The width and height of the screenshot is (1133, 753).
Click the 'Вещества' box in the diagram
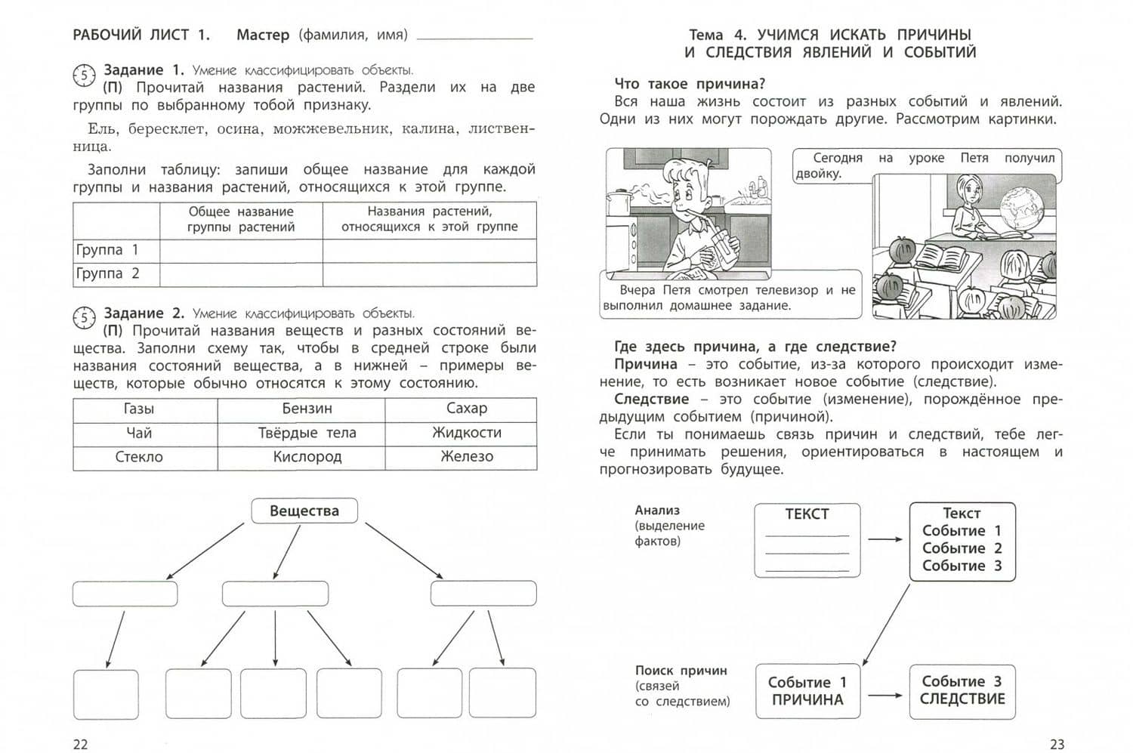[304, 511]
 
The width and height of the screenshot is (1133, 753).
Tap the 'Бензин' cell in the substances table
[307, 409]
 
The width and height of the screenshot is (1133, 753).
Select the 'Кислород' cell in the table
[307, 457]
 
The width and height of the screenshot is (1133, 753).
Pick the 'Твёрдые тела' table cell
[307, 433]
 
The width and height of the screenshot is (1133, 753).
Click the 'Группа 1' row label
[107, 250]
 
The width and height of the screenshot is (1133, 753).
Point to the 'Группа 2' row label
[107, 273]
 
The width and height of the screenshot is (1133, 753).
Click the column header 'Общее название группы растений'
[241, 219]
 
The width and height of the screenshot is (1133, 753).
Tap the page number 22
[80, 744]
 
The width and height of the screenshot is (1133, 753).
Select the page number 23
[1057, 744]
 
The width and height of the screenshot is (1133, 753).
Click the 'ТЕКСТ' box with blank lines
[807, 540]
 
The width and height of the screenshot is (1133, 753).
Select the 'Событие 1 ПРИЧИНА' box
[807, 691]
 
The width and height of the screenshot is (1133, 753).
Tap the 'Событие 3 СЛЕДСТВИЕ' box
[962, 691]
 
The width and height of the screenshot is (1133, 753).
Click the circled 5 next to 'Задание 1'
[84, 75]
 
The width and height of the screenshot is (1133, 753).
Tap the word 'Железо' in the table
[467, 457]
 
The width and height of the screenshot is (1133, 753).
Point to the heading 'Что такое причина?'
[690, 84]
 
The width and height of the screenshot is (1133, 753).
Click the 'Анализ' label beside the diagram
[657, 511]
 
